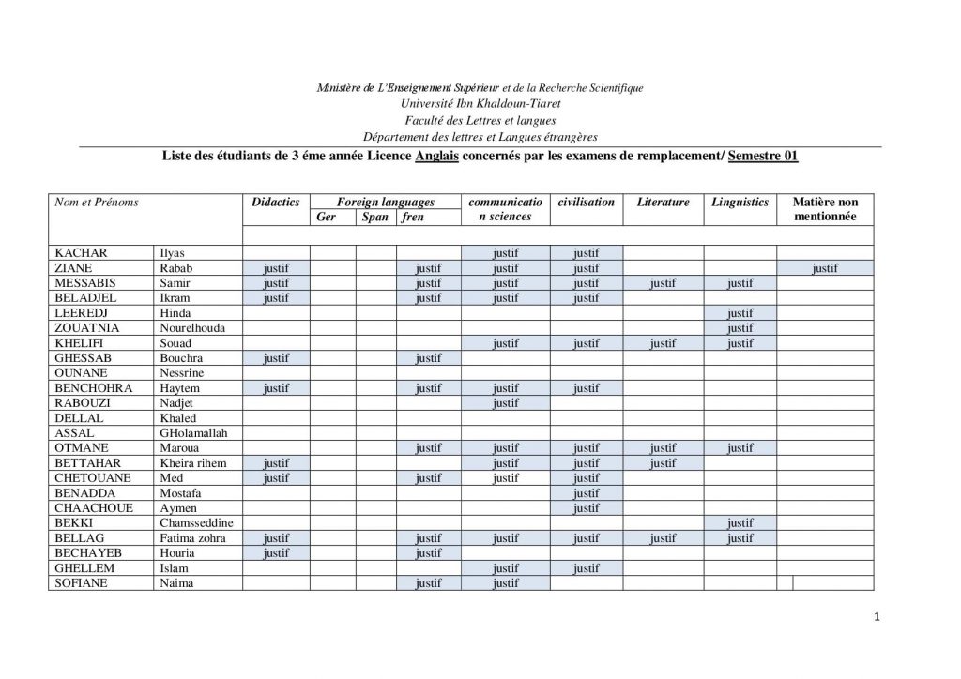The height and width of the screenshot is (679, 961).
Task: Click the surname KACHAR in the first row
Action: click(x=81, y=253)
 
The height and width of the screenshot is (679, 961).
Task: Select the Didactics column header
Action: click(x=276, y=202)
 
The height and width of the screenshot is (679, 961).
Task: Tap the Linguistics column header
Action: click(x=740, y=202)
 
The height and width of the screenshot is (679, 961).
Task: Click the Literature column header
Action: click(x=663, y=202)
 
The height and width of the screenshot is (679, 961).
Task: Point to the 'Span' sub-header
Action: click(x=375, y=217)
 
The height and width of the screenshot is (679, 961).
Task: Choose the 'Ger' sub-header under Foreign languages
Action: click(x=327, y=217)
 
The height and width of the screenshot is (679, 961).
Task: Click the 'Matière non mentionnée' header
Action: click(x=825, y=209)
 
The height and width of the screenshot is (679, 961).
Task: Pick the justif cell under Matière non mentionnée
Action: click(x=825, y=268)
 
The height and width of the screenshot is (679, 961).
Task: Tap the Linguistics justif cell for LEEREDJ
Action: click(x=740, y=313)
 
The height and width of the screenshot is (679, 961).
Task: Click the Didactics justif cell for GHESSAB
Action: click(x=276, y=358)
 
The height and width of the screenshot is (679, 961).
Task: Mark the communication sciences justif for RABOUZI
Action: click(x=505, y=403)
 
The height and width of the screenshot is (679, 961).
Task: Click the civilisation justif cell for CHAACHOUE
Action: click(x=586, y=508)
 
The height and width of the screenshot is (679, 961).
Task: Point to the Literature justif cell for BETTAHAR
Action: click(x=663, y=463)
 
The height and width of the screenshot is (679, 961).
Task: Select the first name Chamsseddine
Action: click(x=196, y=523)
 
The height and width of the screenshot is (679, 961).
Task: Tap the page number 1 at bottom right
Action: click(x=876, y=616)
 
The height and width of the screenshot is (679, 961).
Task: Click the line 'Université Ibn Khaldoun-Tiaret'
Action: click(x=480, y=104)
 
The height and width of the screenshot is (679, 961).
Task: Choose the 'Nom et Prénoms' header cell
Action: click(x=97, y=202)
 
